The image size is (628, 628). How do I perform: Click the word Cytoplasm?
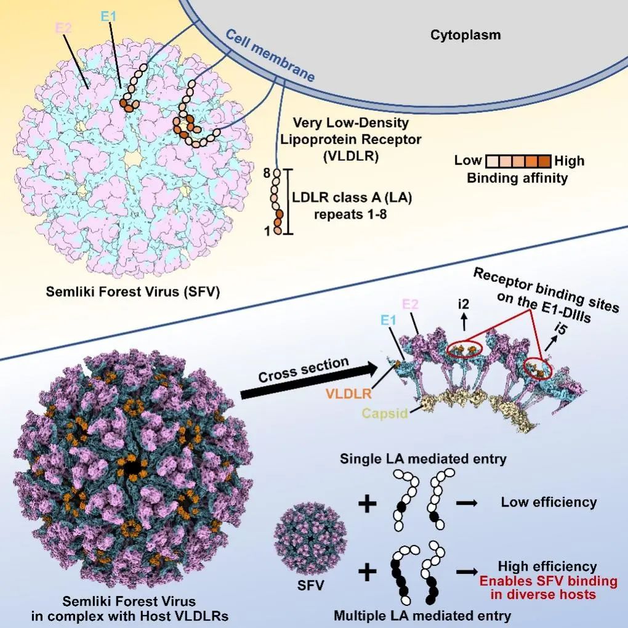tap(465, 35)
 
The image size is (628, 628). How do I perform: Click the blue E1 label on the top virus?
tap(108, 18)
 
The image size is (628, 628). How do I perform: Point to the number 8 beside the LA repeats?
tap(267, 174)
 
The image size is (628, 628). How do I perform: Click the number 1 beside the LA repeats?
tap(267, 231)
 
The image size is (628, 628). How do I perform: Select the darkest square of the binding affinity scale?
tap(543, 161)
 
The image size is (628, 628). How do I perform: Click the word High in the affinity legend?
tap(570, 161)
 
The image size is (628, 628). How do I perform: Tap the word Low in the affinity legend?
tap(468, 161)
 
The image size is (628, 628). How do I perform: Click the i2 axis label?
tap(464, 304)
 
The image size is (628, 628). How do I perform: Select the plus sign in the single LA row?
tap(368, 504)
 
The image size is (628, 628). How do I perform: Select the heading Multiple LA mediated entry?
tap(422, 614)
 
